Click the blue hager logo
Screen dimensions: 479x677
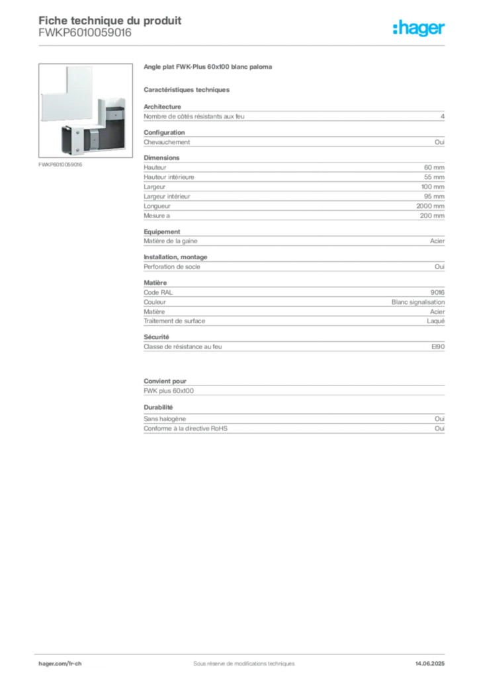pyautogui.click(x=419, y=30)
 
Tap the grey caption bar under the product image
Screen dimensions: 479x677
pyautogui.click(x=61, y=164)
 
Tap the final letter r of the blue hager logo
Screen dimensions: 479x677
pyautogui.click(x=444, y=30)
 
